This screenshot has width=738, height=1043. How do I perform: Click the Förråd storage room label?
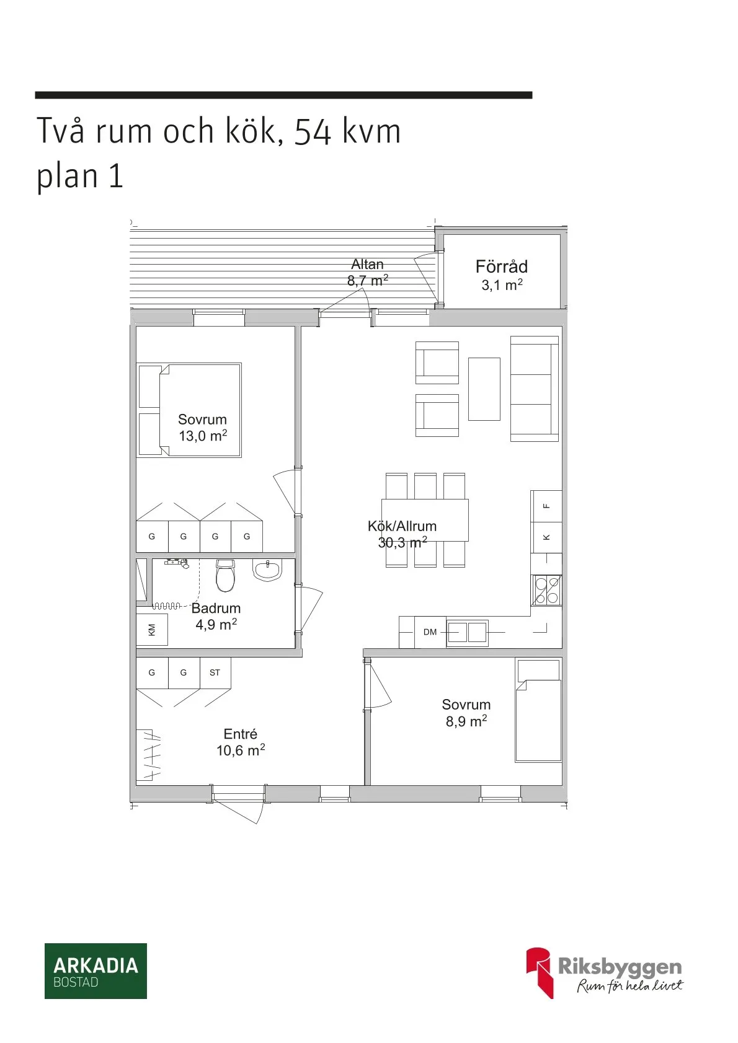(x=501, y=267)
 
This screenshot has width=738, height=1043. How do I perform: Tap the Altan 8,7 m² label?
(x=368, y=273)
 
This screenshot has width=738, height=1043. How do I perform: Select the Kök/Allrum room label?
(x=402, y=526)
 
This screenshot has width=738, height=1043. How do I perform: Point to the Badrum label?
(x=216, y=609)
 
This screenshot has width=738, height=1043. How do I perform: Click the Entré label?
(x=240, y=734)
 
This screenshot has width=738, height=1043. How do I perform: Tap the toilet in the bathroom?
(x=225, y=576)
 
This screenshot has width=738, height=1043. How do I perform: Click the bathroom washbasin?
(x=267, y=570)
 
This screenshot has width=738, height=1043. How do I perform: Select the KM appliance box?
(x=152, y=630)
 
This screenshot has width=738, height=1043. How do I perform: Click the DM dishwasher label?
(x=430, y=632)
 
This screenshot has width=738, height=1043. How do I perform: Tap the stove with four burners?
(x=546, y=591)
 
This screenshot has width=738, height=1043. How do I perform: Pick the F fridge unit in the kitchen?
(x=546, y=506)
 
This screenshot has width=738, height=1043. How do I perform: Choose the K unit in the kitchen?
(x=546, y=537)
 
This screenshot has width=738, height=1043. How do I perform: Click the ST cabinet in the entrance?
(x=215, y=672)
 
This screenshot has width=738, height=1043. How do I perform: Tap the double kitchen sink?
(x=468, y=632)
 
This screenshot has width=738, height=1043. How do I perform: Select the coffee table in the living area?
(x=484, y=389)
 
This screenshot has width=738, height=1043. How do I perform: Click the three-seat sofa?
(x=534, y=389)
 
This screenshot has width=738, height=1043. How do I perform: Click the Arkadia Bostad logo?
(x=96, y=970)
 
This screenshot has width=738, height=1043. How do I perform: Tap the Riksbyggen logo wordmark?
(x=620, y=966)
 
